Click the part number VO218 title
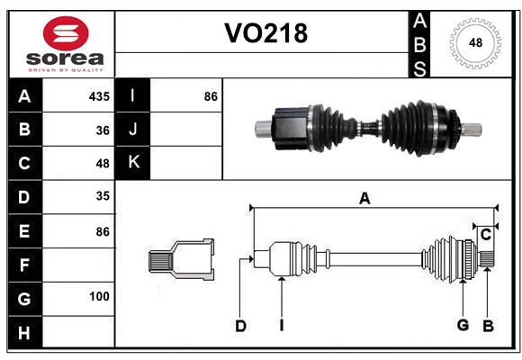click(x=265, y=34)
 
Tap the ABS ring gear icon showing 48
click(x=473, y=43)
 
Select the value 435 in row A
click(x=100, y=96)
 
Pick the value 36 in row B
click(x=103, y=130)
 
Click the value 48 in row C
click(x=103, y=164)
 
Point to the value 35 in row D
click(x=103, y=197)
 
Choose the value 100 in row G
click(x=100, y=296)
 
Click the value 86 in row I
click(x=211, y=96)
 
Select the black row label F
click(x=24, y=264)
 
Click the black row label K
click(x=133, y=163)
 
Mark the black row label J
click(x=133, y=130)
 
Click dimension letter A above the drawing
click(x=364, y=199)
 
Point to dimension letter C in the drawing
click(x=486, y=235)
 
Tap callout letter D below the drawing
click(x=240, y=326)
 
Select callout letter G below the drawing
click(x=463, y=325)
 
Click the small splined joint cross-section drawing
click(x=181, y=260)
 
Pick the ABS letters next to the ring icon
click(x=419, y=43)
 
